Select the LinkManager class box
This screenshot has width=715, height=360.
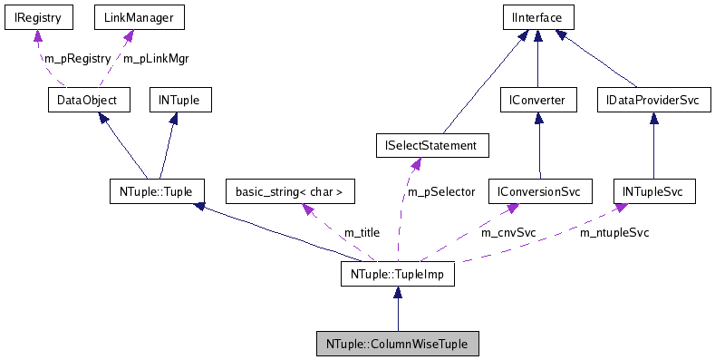coord(127,17)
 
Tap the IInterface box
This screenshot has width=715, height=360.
coord(538,17)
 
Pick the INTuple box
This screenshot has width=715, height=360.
coord(179,99)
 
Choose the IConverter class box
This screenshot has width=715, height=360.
coord(538,99)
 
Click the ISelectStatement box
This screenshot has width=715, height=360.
coord(431,145)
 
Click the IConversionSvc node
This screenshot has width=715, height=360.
coord(539,191)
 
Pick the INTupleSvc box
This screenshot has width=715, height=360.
coord(653,191)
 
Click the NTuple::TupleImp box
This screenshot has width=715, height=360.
coord(397,273)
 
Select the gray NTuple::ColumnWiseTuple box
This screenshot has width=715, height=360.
coord(397,344)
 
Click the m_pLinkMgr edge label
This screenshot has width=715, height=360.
coord(156,58)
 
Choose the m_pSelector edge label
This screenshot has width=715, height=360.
coord(441,191)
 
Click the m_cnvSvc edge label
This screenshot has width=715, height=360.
coord(508,232)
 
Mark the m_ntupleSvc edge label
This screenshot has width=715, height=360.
coord(614,232)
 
